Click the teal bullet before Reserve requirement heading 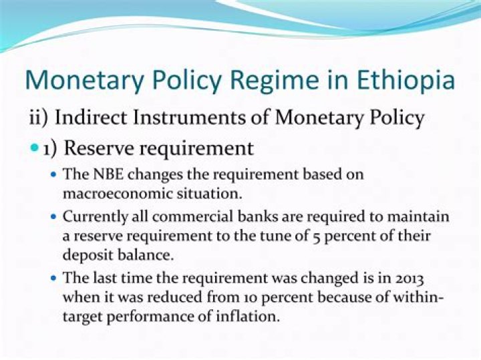pyautogui.click(x=35, y=148)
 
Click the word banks pyautogui.click(x=258, y=216)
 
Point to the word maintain pyautogui.click(x=418, y=216)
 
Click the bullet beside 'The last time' pyautogui.click(x=54, y=279)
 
